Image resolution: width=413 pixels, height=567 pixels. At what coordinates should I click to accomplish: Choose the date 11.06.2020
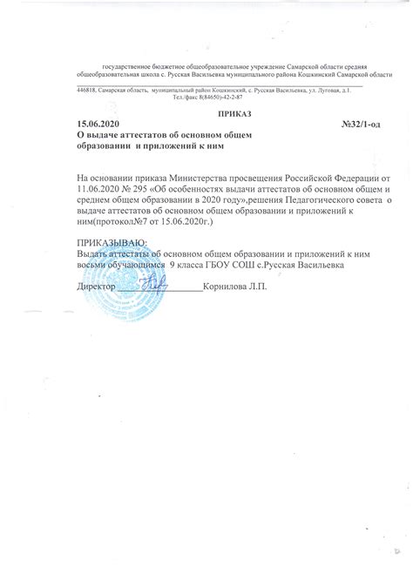click(99, 189)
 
